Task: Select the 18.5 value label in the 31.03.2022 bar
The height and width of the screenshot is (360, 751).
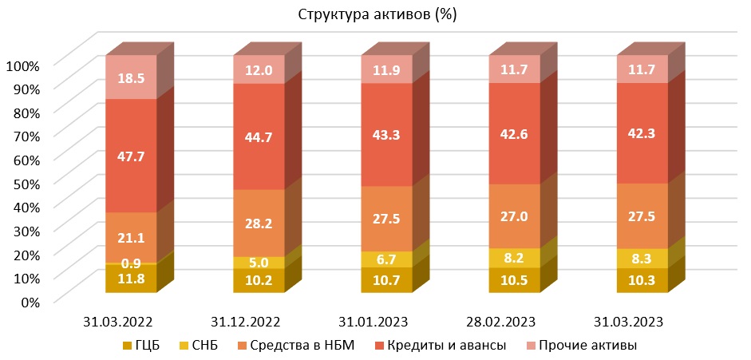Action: point(131,77)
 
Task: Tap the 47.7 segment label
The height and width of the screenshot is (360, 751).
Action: point(131,156)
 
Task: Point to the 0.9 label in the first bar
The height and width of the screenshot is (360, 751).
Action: point(131,263)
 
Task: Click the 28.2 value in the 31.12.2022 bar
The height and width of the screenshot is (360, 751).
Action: point(259,224)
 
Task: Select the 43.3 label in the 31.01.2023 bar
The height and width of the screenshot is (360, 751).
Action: point(386,135)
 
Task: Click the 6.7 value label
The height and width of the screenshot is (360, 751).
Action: point(386,259)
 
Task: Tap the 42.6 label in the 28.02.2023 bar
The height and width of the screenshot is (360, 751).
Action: point(514,134)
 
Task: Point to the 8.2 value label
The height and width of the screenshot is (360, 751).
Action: point(514,258)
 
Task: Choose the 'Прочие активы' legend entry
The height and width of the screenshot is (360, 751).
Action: point(588,345)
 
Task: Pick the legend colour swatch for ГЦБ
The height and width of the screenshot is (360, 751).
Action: point(128,346)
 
